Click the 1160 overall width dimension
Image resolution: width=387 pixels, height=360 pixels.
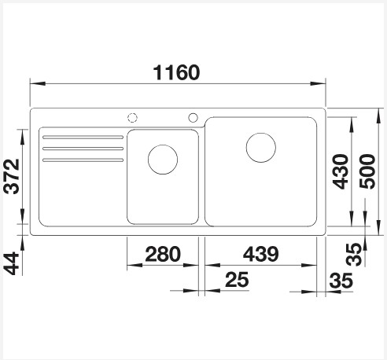click(178, 73)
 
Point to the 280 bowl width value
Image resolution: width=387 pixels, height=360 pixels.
click(163, 254)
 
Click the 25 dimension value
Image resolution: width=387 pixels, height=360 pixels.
click(238, 278)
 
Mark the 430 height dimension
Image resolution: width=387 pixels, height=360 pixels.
click(339, 171)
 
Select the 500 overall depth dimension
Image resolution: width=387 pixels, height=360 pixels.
click(367, 171)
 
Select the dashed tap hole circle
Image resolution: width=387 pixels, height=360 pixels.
click(132, 118)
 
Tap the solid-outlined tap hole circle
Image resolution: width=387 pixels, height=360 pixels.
click(193, 118)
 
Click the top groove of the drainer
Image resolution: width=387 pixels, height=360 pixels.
click(83, 138)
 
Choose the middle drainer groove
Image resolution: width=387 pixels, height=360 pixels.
click(83, 149)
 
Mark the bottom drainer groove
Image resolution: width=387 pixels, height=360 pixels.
click(83, 160)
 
